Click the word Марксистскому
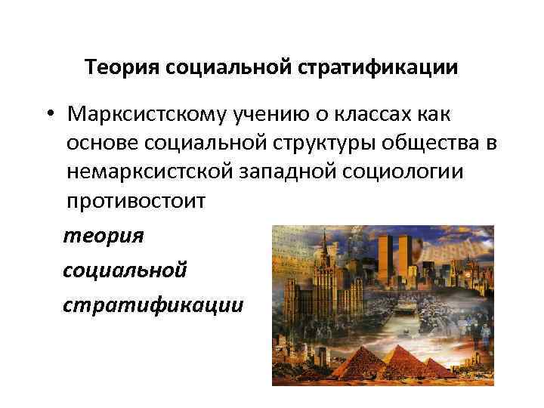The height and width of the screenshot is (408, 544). tap(151, 114)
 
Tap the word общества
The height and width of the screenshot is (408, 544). tap(411, 144)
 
